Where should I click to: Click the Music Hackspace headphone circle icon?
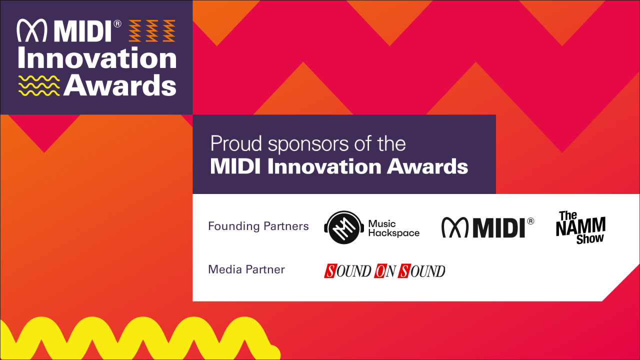coord(343,227)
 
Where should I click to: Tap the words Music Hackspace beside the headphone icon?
coord(393,228)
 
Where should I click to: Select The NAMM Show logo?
coord(580,227)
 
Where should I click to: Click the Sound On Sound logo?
coord(384,271)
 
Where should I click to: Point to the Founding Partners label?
coord(258,226)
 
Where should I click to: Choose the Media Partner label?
coord(246,269)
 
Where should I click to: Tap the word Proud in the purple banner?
coord(236,144)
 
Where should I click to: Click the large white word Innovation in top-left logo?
coord(97,58)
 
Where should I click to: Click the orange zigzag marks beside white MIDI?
coord(152,31)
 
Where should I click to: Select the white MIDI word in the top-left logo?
coord(83,31)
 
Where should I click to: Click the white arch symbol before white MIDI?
coord(32,31)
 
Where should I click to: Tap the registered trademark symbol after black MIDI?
coord(530,220)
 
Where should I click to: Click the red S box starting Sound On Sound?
coord(330,271)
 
